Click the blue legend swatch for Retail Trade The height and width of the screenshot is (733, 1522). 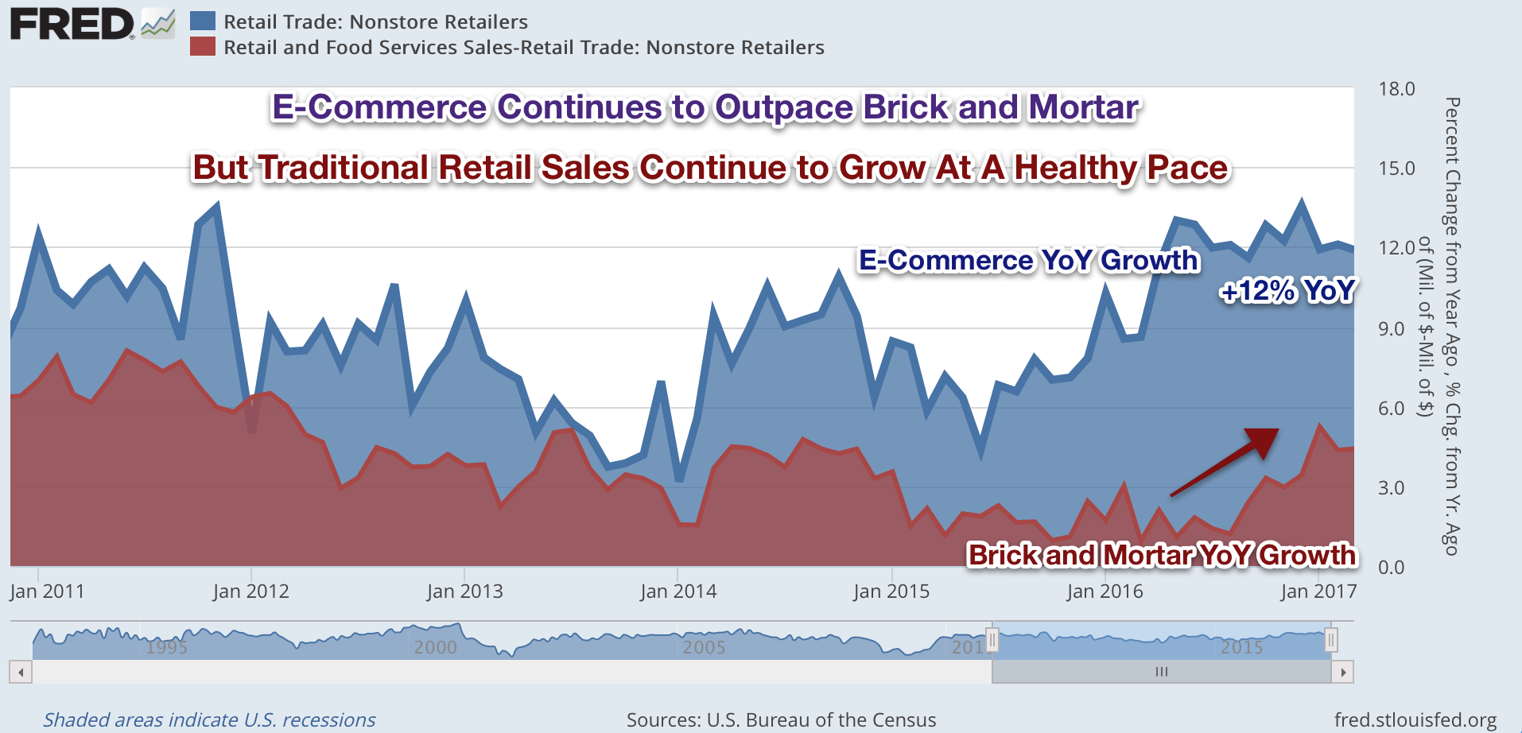point(203,21)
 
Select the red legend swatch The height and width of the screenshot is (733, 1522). point(203,47)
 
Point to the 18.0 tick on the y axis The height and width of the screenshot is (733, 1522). point(1396,88)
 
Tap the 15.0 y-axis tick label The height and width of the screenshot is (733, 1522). point(1396,168)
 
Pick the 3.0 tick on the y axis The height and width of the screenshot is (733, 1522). point(1392,487)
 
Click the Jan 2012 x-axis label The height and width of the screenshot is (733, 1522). point(251,591)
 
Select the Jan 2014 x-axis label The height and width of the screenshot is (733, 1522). point(678,591)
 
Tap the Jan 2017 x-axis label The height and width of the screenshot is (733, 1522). point(1318,591)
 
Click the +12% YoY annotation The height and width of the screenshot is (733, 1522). point(1287,291)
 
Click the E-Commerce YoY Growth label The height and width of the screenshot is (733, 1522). point(1028,261)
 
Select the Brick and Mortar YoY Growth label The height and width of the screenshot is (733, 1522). point(1161,554)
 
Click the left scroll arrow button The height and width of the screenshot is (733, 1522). point(21,673)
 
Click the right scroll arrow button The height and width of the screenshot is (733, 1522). point(1343,673)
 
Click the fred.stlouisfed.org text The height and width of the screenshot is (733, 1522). point(1415,720)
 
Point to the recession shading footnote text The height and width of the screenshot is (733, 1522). point(209,720)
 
